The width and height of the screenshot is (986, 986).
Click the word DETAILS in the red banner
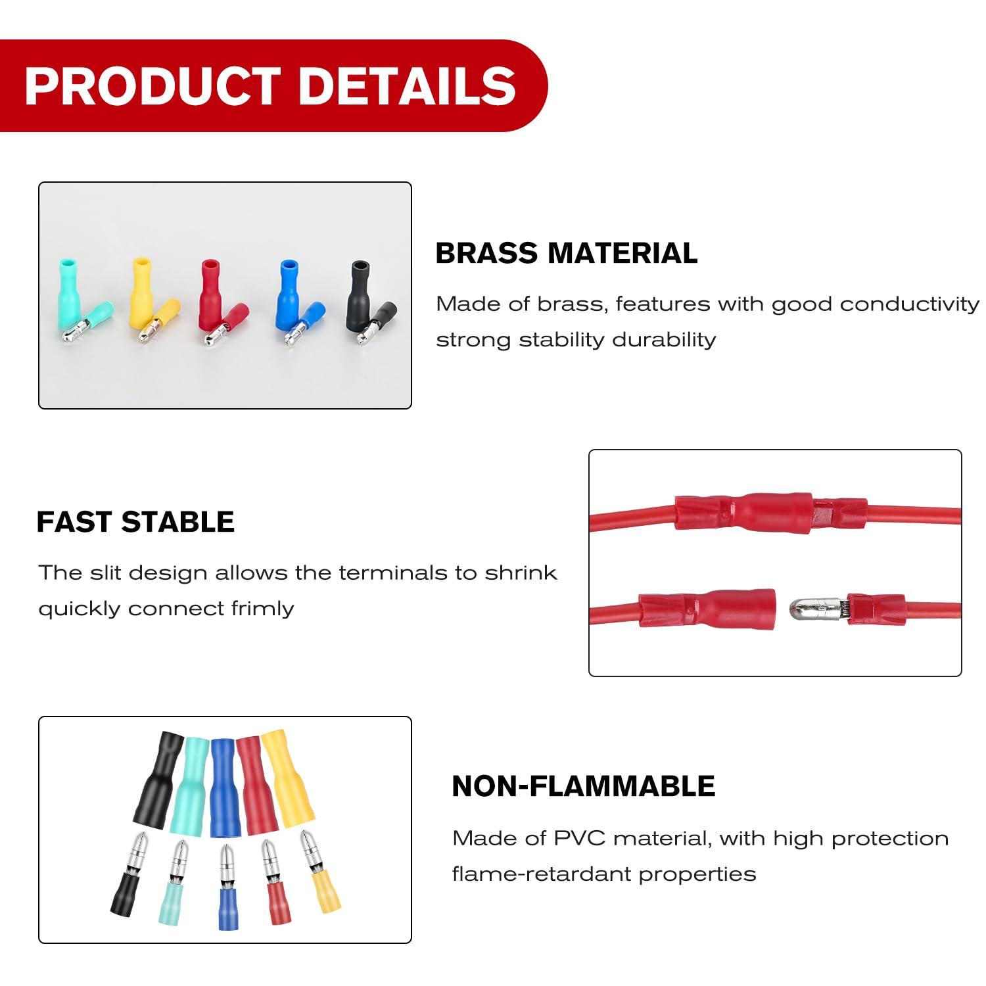click(407, 86)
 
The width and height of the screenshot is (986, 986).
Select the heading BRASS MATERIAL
click(566, 254)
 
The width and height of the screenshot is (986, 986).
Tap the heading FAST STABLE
click(135, 522)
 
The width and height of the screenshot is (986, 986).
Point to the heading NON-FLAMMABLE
click(583, 786)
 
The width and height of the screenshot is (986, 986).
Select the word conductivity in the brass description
click(909, 304)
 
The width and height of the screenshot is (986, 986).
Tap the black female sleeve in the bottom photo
click(156, 782)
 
